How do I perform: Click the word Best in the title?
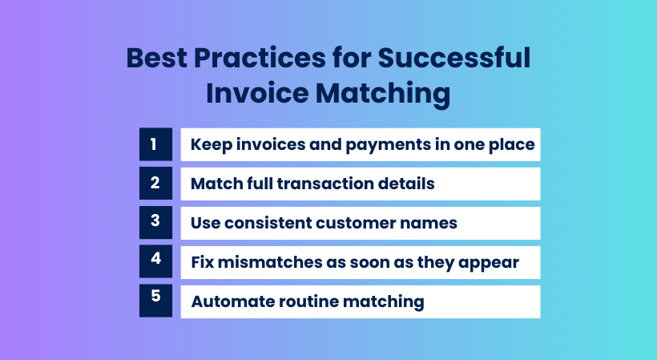[x=157, y=58]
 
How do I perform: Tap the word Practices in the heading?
[x=260, y=58]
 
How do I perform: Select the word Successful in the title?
[x=454, y=58]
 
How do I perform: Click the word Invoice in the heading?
[x=257, y=93]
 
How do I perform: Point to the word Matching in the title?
[x=383, y=94]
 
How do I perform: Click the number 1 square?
[x=155, y=144]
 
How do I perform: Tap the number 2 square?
[x=155, y=183]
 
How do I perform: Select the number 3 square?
[x=155, y=223]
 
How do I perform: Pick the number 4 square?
[x=155, y=261]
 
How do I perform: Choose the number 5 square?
[x=155, y=301]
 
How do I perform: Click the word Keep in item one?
[x=212, y=145]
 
